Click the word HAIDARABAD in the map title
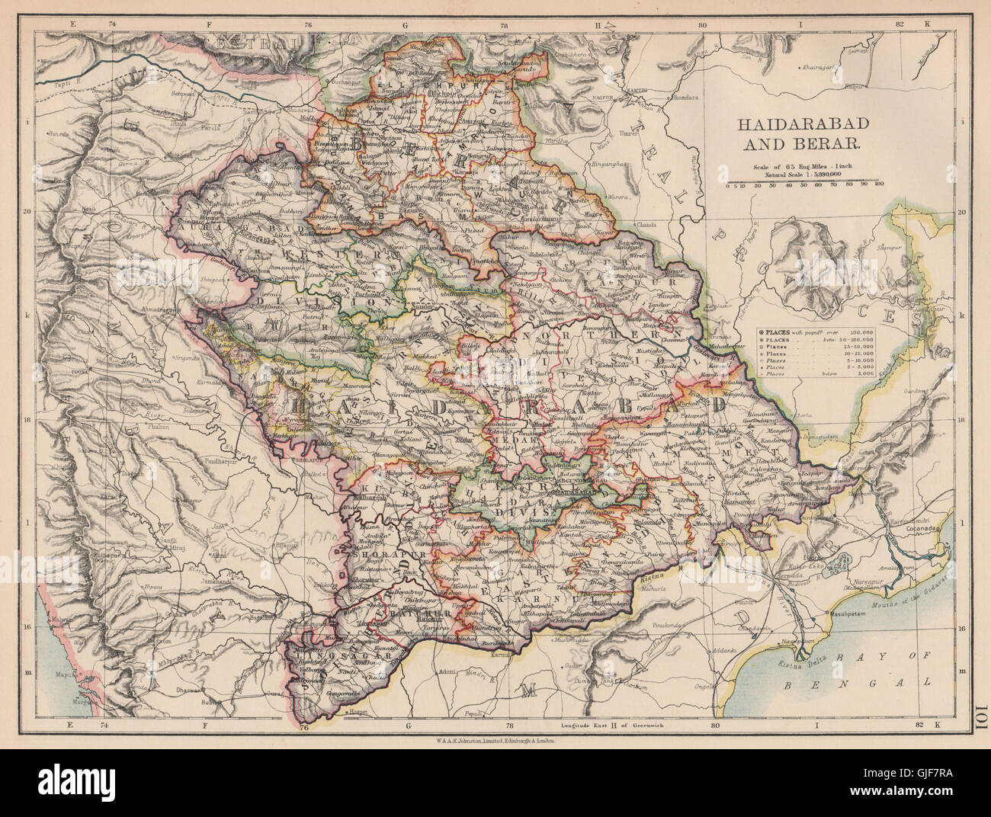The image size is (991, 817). pos(803,124)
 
